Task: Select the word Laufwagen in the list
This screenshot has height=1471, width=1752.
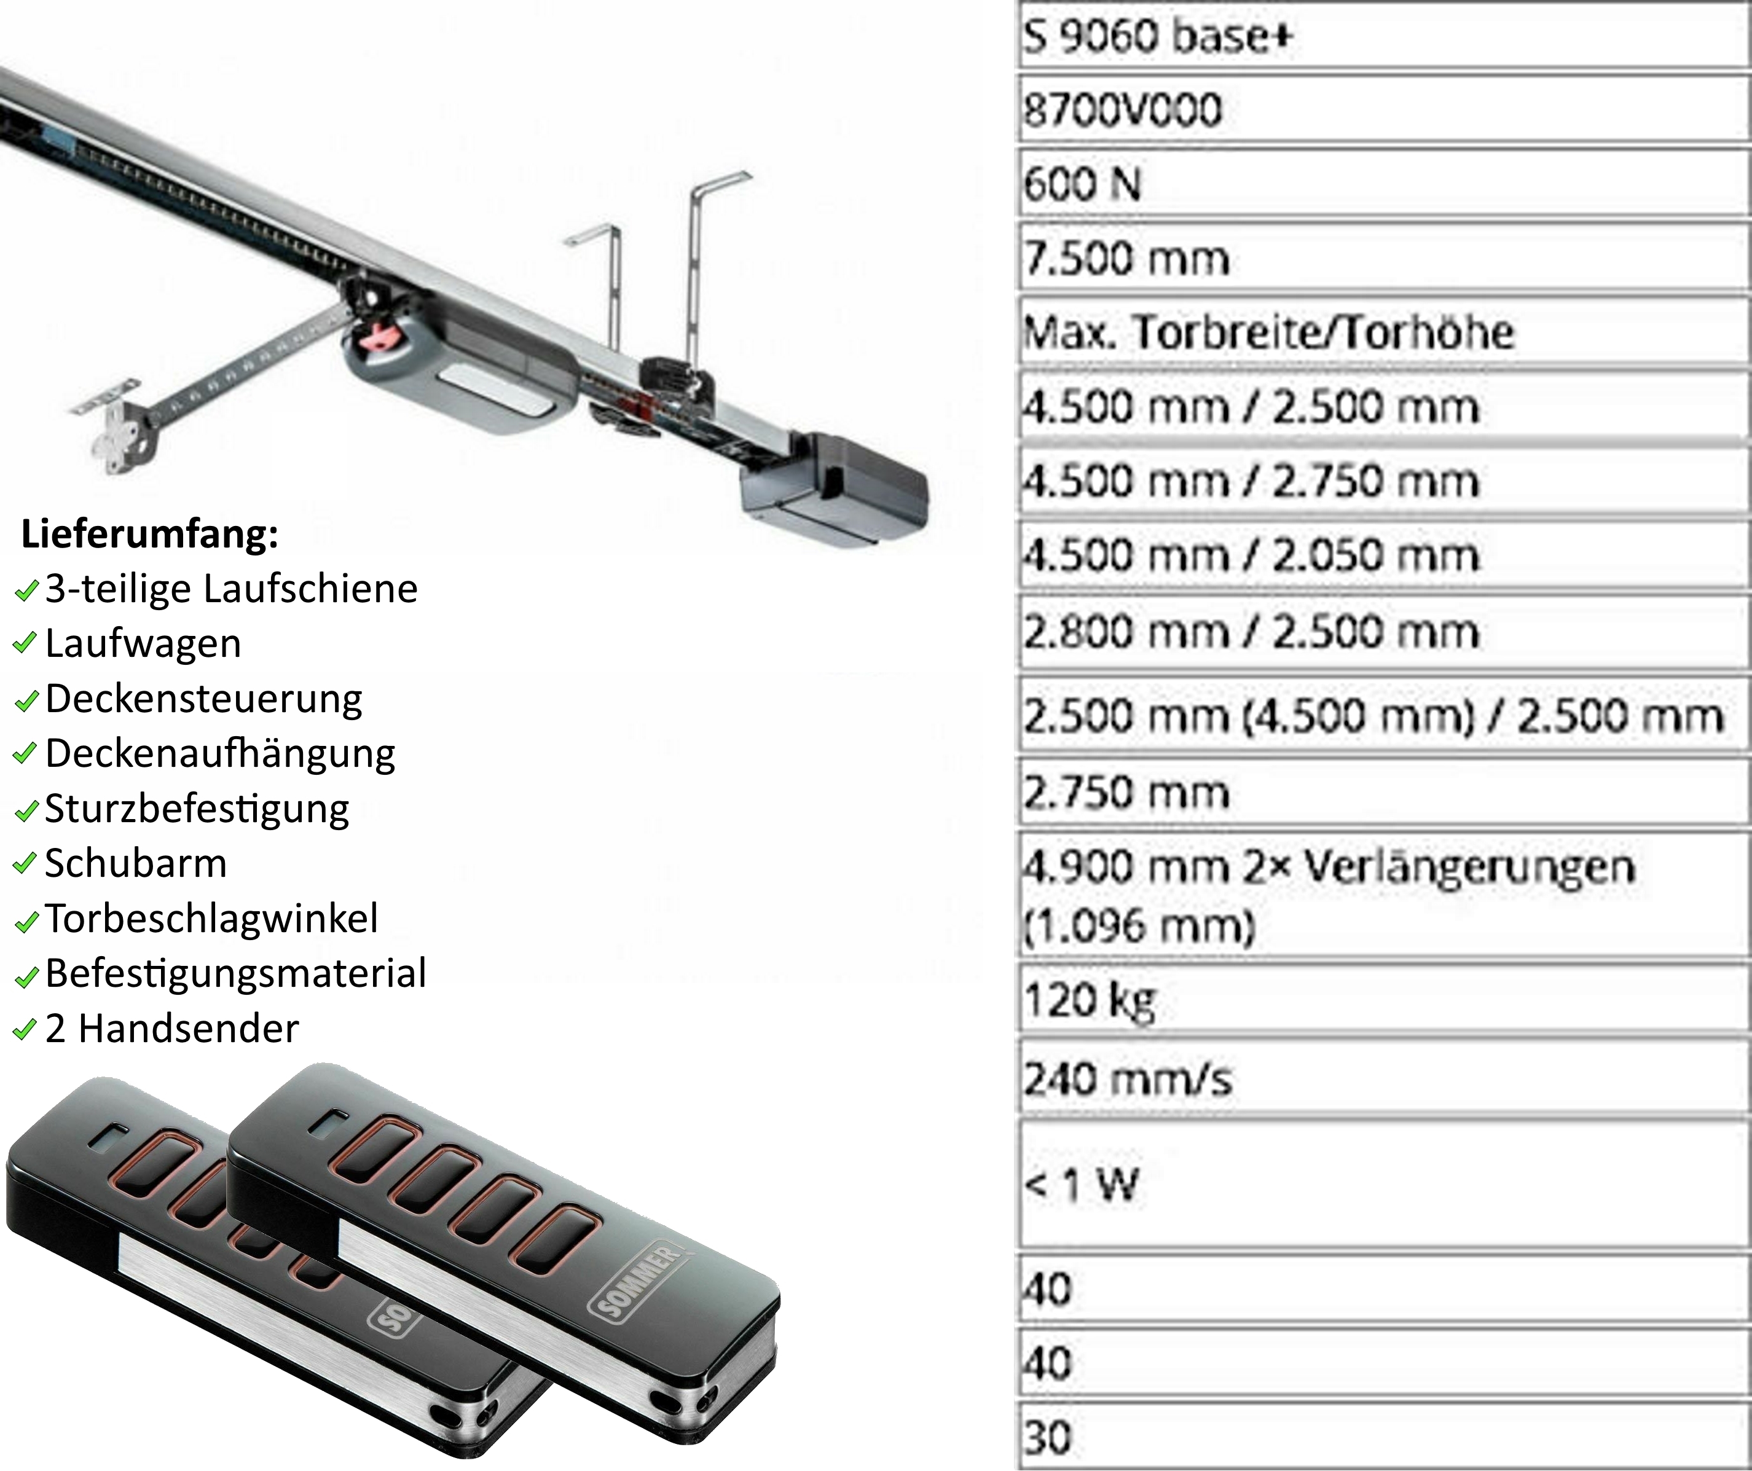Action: tap(143, 643)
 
